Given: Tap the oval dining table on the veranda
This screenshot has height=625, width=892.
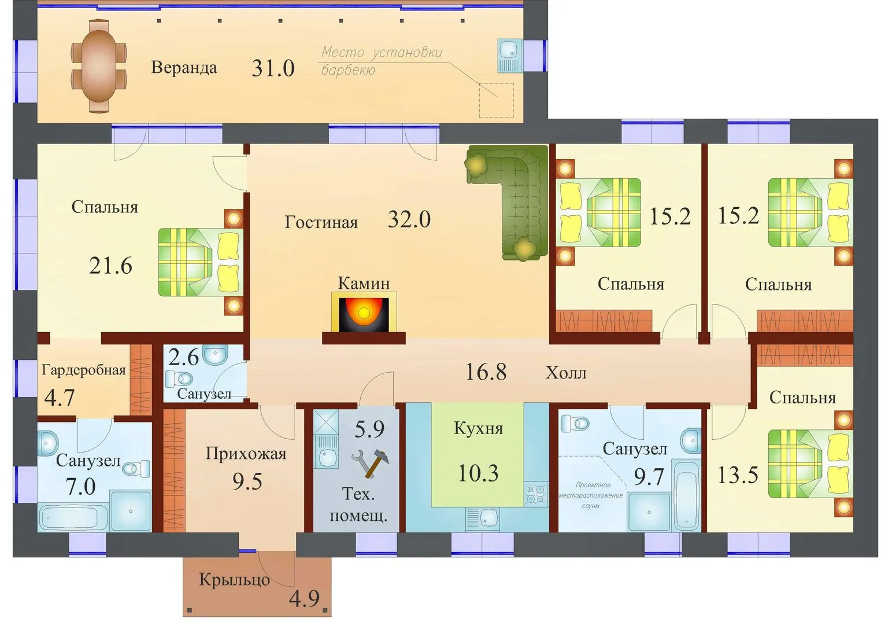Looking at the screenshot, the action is [98, 66].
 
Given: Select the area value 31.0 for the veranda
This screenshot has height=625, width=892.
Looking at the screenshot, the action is [273, 68].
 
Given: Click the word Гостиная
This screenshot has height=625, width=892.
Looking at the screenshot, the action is [321, 222].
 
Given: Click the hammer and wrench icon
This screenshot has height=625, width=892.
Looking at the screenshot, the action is [371, 463].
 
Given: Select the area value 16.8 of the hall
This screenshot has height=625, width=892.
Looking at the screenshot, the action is [486, 372].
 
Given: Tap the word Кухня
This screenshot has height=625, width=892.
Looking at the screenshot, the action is [478, 428].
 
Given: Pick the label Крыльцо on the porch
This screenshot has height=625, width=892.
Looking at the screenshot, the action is [234, 580].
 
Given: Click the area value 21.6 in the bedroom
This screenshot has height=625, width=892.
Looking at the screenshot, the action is [110, 266].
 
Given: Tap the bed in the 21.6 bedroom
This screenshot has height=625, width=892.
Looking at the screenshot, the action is [201, 262].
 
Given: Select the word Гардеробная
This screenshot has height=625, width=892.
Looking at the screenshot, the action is [84, 370].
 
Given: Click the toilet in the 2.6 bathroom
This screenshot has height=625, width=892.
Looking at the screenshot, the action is [179, 378].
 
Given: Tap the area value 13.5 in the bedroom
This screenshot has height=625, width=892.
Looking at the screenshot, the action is [738, 475].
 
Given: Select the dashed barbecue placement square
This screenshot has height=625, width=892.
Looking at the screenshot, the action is [496, 100].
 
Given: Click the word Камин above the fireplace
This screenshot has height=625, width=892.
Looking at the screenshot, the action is [364, 283].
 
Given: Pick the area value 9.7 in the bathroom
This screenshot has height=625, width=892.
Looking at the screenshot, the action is [649, 477].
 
